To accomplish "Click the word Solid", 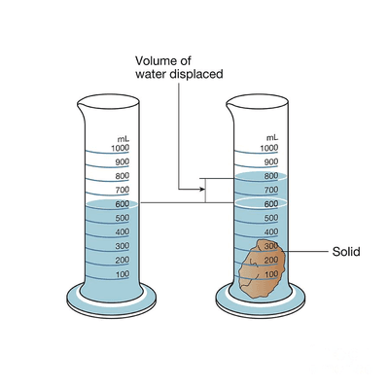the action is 346,252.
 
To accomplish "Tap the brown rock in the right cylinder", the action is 263,268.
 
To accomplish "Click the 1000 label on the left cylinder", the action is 120,148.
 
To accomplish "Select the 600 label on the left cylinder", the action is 123,204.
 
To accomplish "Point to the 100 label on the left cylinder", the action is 123,274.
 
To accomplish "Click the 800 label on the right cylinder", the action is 271,176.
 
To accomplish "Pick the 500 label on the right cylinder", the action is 271,218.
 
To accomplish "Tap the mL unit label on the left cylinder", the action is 124,139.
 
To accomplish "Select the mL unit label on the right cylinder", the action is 272,138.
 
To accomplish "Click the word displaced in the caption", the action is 196,74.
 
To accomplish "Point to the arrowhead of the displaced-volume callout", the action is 202,189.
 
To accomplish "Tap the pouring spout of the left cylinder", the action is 82,106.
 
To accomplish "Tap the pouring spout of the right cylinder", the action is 230,106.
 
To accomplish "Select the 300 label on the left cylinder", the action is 123,246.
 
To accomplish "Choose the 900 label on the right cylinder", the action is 271,162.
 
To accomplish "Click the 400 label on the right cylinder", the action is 271,231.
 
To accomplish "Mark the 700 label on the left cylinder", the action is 123,190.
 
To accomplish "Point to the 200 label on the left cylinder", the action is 123,260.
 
